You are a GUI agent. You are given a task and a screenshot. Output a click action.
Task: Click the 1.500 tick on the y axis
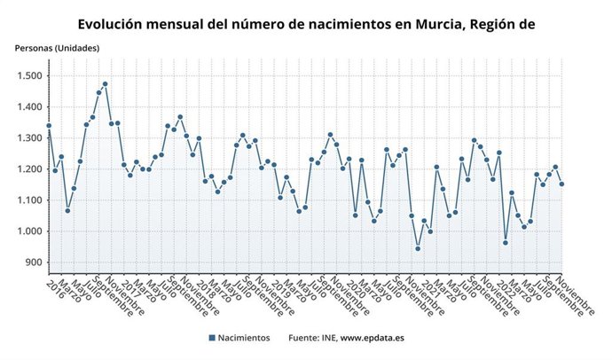29,76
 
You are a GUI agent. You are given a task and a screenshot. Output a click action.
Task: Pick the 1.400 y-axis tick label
29,107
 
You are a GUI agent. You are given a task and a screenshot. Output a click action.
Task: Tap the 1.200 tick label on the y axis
29,169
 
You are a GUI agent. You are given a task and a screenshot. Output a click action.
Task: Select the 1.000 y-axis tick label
29,231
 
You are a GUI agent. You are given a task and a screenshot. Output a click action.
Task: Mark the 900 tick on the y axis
34,262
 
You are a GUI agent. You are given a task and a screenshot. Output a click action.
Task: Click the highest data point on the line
106,84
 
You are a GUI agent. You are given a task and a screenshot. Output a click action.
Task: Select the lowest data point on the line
418,249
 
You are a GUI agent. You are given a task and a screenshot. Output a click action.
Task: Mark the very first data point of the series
49,126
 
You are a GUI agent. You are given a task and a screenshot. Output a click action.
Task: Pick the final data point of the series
561,184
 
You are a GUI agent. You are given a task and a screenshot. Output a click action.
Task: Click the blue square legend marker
212,338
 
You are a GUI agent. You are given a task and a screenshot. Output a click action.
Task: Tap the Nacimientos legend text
246,338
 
